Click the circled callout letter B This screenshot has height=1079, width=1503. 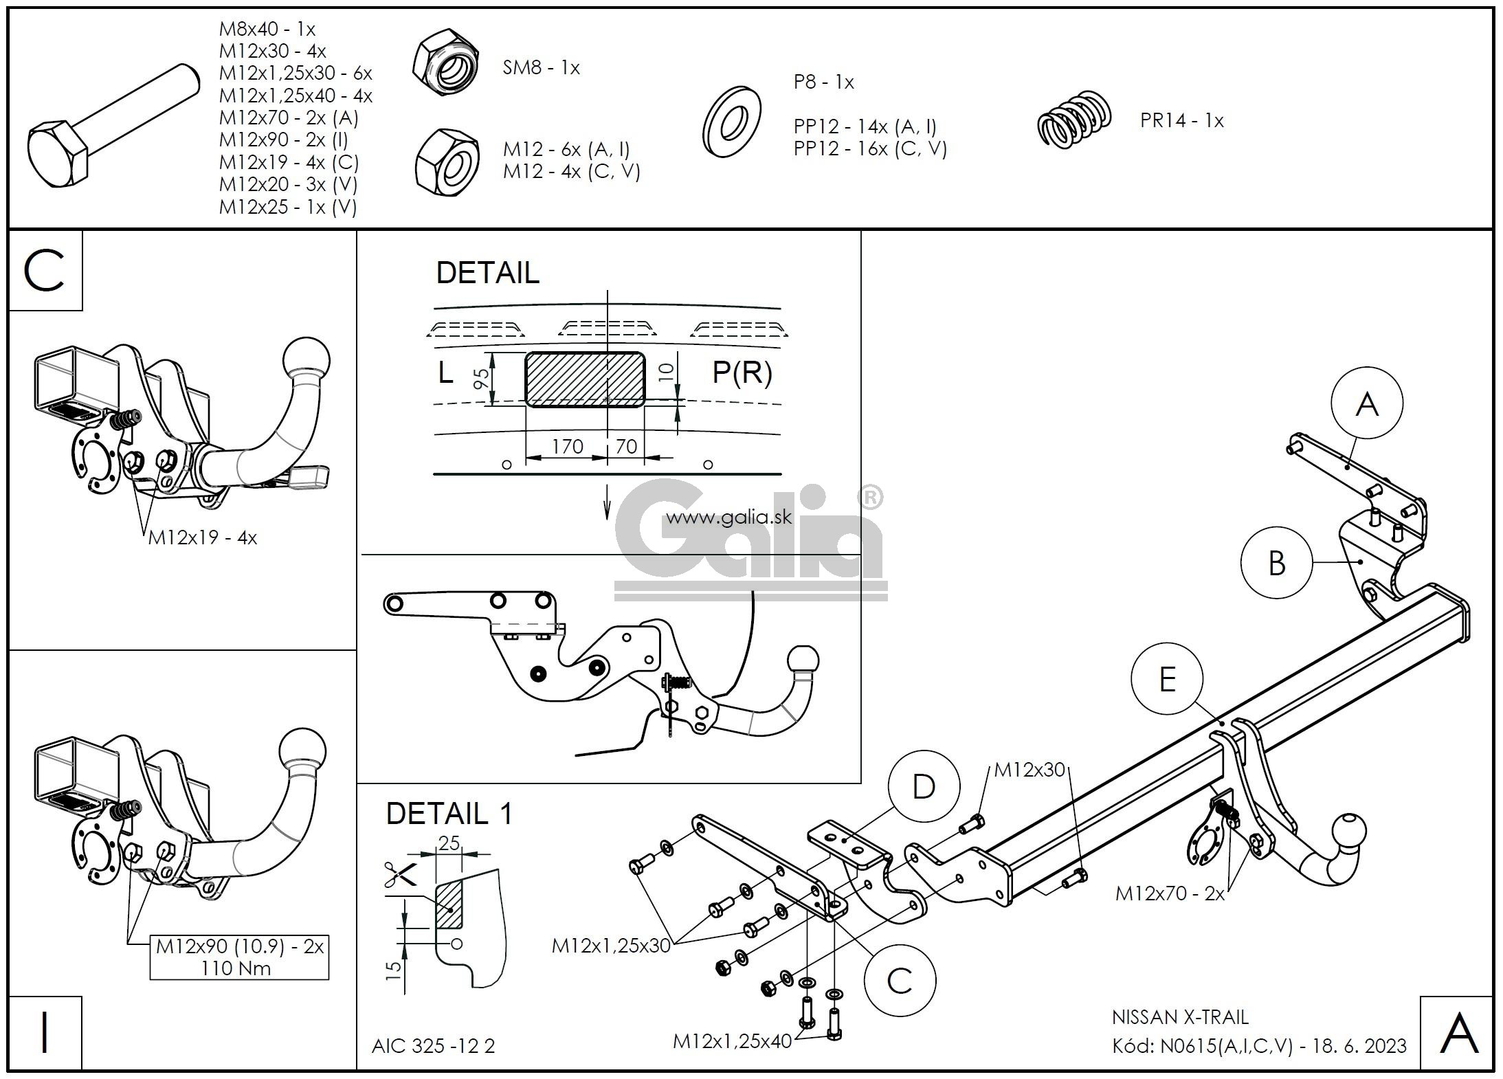[1276, 563]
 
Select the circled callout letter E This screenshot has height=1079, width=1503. [1167, 680]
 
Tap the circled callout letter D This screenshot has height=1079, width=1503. [924, 786]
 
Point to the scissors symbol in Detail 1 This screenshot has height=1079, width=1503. [401, 874]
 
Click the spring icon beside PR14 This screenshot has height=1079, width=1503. [1074, 121]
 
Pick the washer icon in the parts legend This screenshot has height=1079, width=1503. [731, 121]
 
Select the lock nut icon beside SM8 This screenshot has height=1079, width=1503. [446, 63]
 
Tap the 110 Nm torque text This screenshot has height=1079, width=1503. [236, 968]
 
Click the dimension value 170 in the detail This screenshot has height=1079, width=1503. [567, 447]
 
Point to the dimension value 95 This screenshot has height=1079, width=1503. [482, 379]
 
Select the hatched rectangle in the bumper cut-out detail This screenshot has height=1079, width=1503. [584, 379]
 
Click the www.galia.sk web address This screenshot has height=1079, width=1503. [728, 516]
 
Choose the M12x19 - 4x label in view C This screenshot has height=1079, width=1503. [203, 537]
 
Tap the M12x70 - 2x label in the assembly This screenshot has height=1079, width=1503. [1170, 893]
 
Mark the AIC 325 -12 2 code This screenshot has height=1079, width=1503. [433, 1046]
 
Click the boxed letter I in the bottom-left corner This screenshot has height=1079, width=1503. [45, 1033]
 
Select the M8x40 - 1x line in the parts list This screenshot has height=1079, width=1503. [267, 29]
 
